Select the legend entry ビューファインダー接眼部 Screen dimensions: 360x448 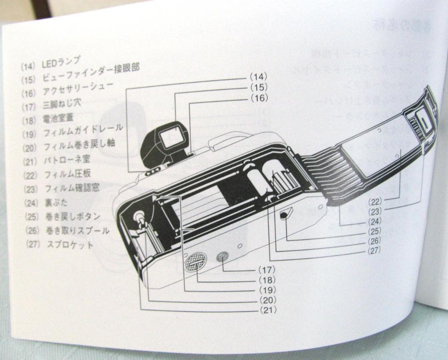(x=90, y=75)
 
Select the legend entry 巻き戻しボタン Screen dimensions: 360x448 (x=74, y=216)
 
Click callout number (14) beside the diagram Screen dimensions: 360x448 (x=258, y=76)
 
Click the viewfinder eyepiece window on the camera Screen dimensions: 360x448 (x=169, y=137)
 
